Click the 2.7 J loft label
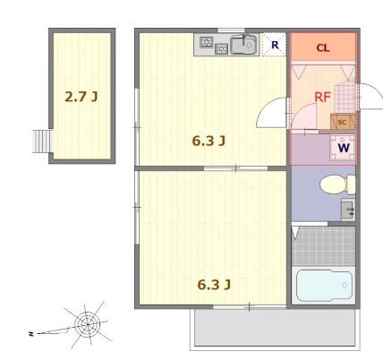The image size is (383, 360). (81, 97)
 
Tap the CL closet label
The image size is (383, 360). (323, 47)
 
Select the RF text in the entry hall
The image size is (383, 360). (323, 98)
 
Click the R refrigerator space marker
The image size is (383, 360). (275, 45)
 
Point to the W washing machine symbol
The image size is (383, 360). (344, 148)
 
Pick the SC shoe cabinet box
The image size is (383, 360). (343, 122)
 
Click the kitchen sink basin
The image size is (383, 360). (243, 45)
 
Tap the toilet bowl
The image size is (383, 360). (337, 184)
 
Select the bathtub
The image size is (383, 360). (324, 286)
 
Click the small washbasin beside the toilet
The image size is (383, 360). (348, 210)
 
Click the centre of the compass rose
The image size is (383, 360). (88, 324)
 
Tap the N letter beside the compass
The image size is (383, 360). (30, 334)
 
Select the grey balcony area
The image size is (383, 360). (275, 328)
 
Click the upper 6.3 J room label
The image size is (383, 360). (209, 141)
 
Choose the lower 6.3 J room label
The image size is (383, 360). (214, 285)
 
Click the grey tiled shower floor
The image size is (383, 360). (324, 246)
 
